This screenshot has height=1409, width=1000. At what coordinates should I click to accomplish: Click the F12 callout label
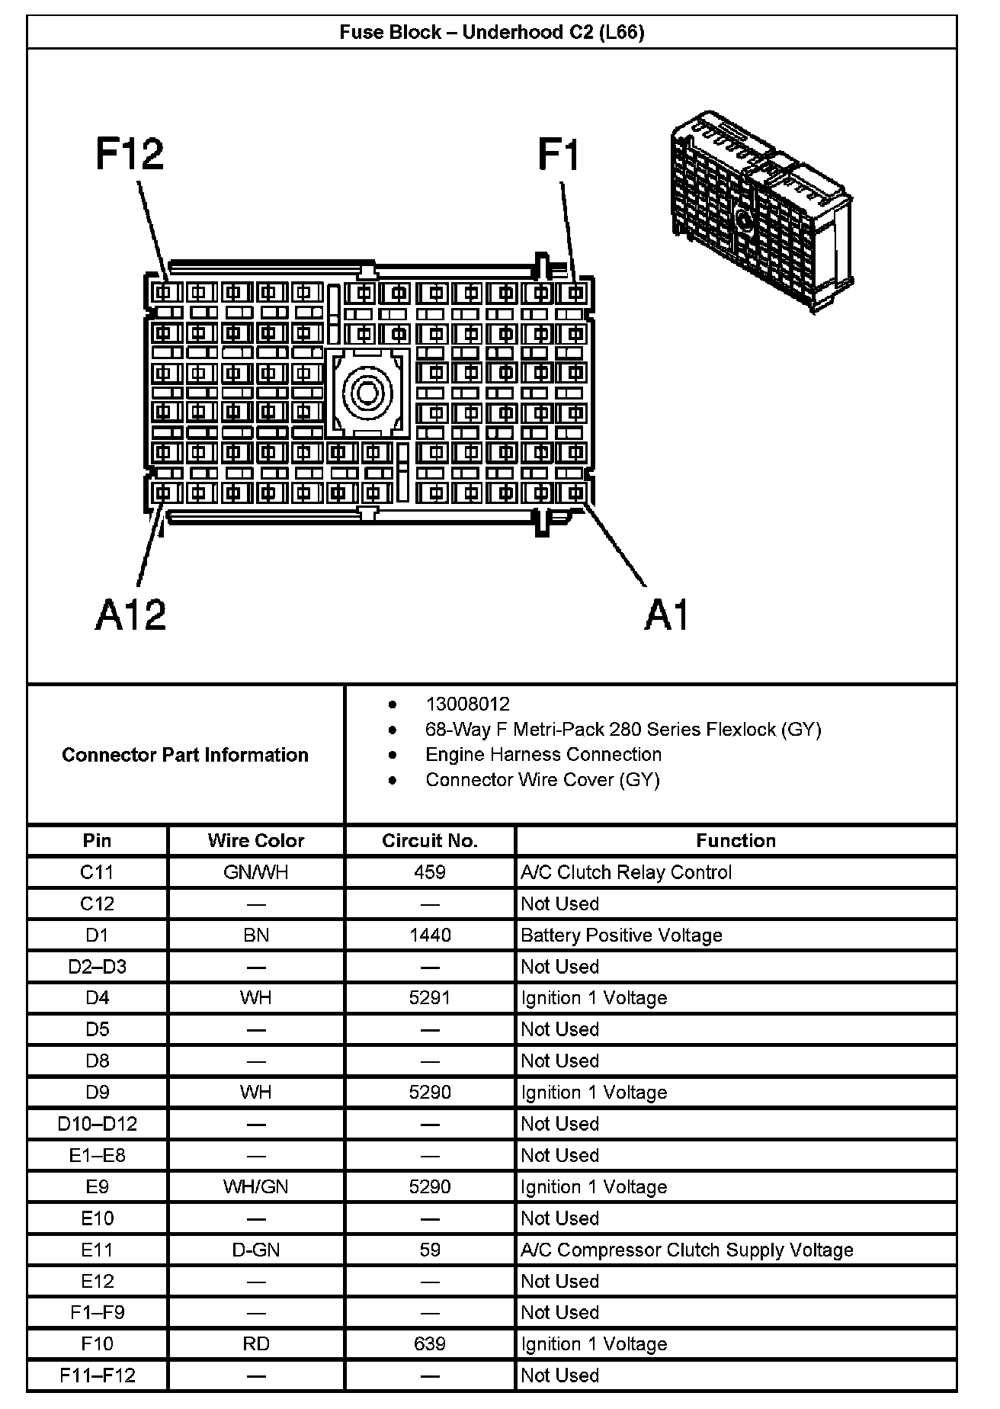point(130,154)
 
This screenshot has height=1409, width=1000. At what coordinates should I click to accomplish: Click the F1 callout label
point(559,154)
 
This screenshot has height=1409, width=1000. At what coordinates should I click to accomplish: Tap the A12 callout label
point(130,615)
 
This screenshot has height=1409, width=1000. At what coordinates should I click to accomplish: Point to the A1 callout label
point(667,615)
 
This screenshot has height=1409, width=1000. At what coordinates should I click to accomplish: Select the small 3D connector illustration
point(761,212)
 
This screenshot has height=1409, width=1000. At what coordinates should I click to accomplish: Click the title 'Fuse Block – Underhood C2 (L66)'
point(492,32)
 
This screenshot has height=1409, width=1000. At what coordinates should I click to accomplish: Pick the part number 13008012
point(467,704)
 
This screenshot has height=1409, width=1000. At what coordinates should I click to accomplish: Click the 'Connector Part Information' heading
point(185,755)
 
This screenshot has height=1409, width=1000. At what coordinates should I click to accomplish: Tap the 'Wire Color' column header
point(256,840)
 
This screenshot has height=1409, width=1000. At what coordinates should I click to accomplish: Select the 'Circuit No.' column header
point(430,840)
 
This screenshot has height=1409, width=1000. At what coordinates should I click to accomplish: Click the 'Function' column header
point(736,840)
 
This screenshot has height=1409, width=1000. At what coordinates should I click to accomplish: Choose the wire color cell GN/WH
point(256,872)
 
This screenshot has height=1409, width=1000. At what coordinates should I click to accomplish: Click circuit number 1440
point(430,935)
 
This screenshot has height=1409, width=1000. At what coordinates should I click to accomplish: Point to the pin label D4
point(98,998)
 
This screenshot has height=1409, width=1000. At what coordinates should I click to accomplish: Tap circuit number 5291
point(430,998)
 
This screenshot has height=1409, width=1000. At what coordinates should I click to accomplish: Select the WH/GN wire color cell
point(256,1187)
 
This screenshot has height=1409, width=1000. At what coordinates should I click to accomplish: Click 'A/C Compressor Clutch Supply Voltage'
point(687,1250)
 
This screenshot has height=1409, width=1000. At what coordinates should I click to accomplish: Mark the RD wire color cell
point(256,1344)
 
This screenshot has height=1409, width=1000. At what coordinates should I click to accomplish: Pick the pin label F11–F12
point(98,1375)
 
